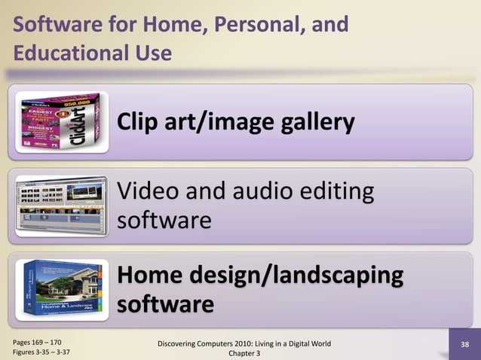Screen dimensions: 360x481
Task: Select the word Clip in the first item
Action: [140, 123]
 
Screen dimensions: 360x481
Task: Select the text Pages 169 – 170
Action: [37, 341]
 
